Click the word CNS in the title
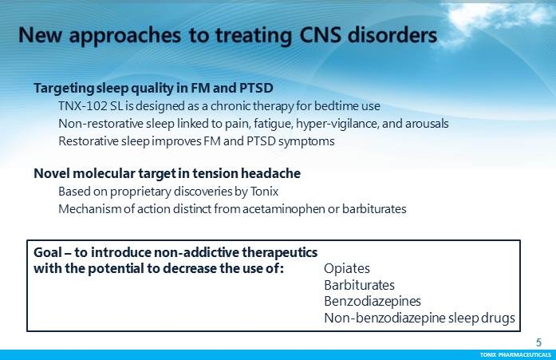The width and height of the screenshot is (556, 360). point(321,35)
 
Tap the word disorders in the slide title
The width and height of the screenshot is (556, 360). point(392,35)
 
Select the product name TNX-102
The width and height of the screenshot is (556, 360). point(83,105)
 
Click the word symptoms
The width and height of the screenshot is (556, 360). point(306,141)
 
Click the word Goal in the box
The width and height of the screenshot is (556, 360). point(48,252)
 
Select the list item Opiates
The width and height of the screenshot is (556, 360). point(347,268)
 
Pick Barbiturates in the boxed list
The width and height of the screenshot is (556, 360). point(359,285)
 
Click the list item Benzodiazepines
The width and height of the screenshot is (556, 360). point(373,302)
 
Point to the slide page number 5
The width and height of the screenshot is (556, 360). point(538,342)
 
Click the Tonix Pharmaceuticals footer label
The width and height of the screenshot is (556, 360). point(515,354)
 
